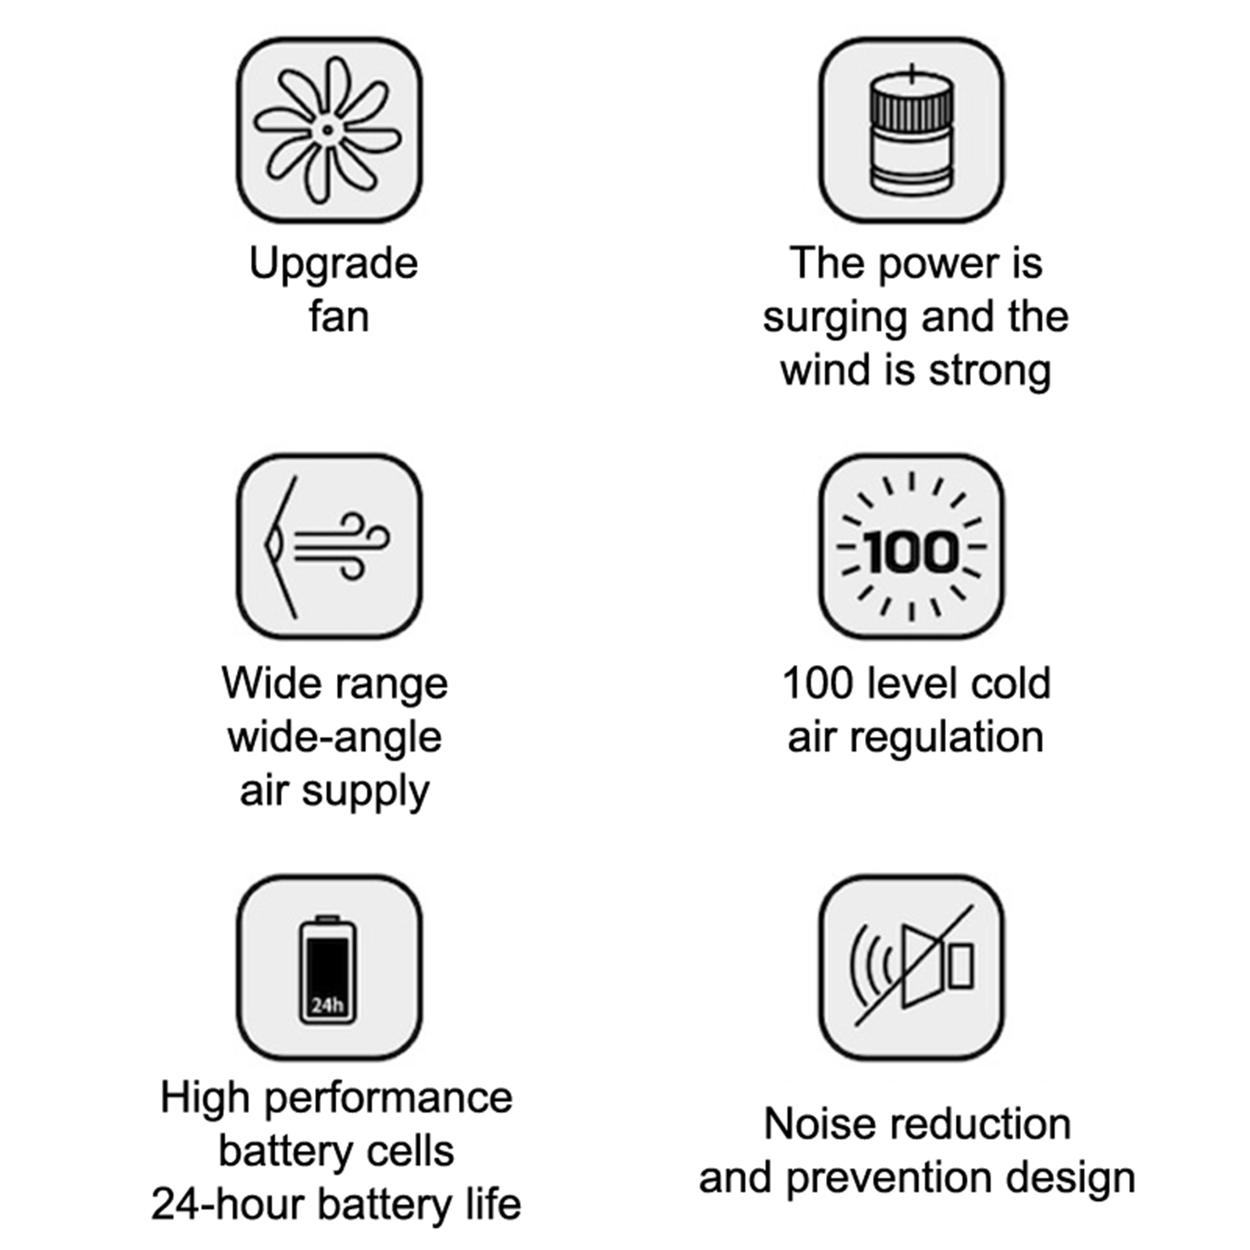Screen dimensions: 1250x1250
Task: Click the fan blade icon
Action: [x=329, y=130]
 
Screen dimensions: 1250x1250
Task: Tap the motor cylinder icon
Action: [x=912, y=130]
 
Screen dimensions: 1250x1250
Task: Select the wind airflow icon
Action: [x=328, y=547]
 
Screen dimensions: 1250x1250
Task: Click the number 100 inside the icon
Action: [x=911, y=552]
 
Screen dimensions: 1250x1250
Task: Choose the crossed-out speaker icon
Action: [x=912, y=966]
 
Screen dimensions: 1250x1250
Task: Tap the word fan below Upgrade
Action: [x=338, y=316]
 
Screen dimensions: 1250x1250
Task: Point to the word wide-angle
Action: [x=335, y=738]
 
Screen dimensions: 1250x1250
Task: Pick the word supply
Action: [x=366, y=792]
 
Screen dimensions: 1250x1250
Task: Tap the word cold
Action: [x=1011, y=684]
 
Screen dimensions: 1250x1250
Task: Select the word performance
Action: [x=388, y=1099]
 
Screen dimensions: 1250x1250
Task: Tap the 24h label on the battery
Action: [x=327, y=1005]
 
